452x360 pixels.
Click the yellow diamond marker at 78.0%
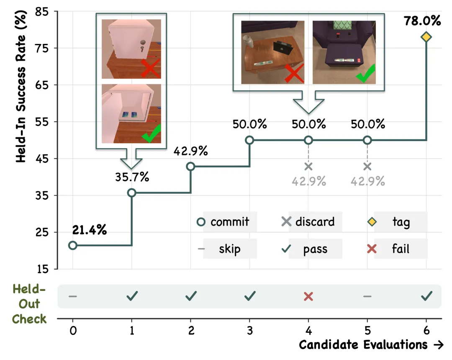(426, 37)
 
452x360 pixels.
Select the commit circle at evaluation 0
(73, 245)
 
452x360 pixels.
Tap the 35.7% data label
(132, 177)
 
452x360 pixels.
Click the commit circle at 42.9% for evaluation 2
(190, 166)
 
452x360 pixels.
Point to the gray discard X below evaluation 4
(308, 166)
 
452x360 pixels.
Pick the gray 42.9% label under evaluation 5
(367, 181)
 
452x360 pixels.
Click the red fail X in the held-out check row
(308, 296)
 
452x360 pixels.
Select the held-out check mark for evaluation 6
(426, 296)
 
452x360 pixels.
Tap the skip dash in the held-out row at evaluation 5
(367, 296)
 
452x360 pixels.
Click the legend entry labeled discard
(308, 221)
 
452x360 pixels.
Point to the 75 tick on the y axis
(42, 48)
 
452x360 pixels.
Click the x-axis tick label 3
(249, 330)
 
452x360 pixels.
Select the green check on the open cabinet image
(152, 134)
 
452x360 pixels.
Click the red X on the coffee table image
(294, 73)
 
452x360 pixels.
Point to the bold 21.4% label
(90, 230)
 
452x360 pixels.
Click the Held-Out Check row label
(29, 304)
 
